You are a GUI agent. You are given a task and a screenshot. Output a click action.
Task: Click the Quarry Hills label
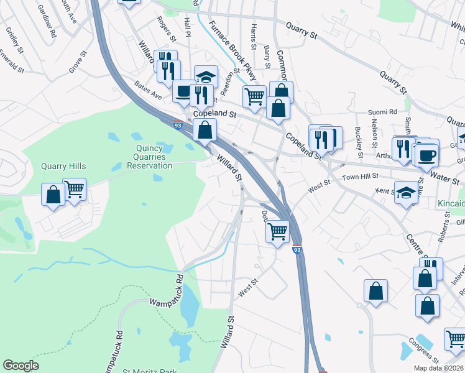click(x=63, y=166)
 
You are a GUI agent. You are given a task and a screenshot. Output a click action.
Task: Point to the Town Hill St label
click(x=361, y=178)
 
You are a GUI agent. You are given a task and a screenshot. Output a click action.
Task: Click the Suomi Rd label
click(x=382, y=112)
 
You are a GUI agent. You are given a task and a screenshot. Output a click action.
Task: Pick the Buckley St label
click(x=359, y=142)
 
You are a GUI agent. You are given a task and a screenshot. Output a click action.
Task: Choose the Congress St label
click(x=424, y=351)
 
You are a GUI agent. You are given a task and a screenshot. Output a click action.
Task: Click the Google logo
click(x=21, y=366)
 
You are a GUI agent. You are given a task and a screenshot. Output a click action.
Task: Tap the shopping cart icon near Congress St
click(x=455, y=339)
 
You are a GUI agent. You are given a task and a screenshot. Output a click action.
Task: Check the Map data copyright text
click(x=438, y=368)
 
